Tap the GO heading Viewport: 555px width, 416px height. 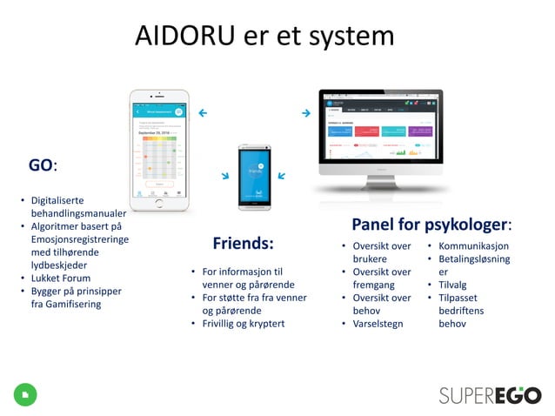[x=40, y=164]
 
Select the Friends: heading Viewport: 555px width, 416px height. [x=243, y=243]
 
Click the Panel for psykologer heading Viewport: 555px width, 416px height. [x=431, y=225]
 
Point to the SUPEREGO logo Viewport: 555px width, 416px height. [x=489, y=394]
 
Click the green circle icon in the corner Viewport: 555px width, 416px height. [x=24, y=394]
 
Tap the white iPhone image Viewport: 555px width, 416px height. [x=159, y=149]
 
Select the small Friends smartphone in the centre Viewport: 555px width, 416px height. [x=255, y=178]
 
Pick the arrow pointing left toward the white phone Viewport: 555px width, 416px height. [x=203, y=113]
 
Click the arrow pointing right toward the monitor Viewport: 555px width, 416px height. [x=305, y=113]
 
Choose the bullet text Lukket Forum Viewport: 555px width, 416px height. [x=60, y=278]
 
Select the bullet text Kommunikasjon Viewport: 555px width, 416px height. [x=473, y=246]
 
